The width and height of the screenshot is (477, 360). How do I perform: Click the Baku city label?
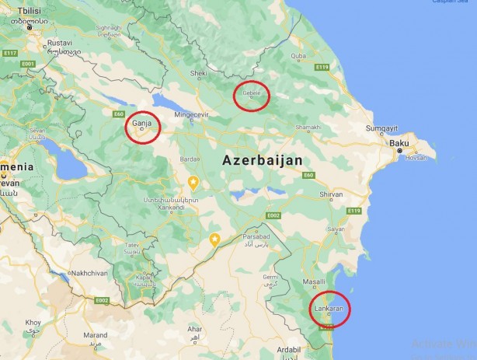[400, 144]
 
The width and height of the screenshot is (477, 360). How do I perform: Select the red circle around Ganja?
[144, 127]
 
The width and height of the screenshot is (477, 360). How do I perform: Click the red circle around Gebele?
[252, 96]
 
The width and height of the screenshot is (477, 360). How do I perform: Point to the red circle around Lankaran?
[329, 309]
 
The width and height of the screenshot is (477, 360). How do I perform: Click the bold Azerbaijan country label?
[262, 159]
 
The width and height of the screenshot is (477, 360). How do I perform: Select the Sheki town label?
[200, 73]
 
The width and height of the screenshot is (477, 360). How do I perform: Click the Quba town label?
[298, 56]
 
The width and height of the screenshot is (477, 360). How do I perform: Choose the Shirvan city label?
[331, 194]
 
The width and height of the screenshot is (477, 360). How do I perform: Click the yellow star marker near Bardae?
[193, 182]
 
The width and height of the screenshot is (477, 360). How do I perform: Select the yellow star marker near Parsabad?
[214, 239]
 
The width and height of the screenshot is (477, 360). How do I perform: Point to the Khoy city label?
[33, 322]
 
